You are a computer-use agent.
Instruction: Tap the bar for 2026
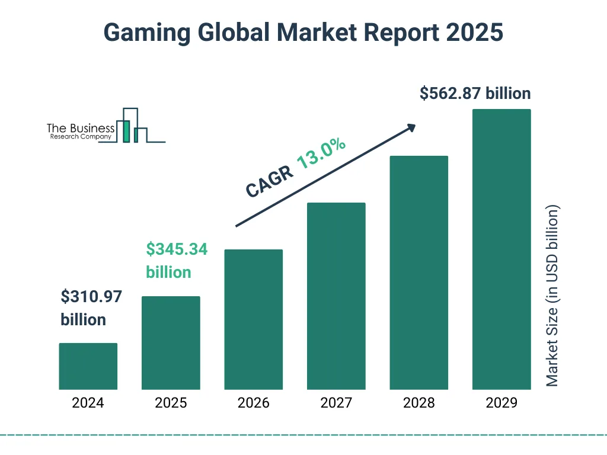point(253,319)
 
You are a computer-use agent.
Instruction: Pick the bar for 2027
point(336,296)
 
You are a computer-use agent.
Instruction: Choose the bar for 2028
point(418,273)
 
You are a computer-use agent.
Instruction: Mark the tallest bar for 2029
point(501,249)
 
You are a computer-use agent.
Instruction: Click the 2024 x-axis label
point(88,403)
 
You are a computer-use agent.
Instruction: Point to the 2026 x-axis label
point(253,403)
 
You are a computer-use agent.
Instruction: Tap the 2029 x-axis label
point(501,403)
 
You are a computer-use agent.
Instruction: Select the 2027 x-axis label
point(336,403)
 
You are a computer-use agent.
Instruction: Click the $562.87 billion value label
point(475,94)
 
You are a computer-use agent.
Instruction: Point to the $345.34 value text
point(177,249)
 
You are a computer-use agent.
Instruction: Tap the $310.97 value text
point(91,297)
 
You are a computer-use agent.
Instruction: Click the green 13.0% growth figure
point(321,153)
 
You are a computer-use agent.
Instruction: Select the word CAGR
point(270,181)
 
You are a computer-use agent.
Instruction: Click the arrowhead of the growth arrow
point(411,127)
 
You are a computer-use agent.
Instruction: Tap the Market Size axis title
point(552,296)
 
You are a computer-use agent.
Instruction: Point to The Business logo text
point(81,129)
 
